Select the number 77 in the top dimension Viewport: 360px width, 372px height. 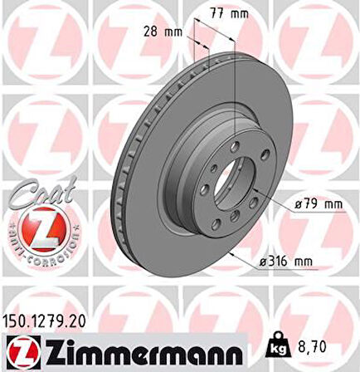[213, 14]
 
